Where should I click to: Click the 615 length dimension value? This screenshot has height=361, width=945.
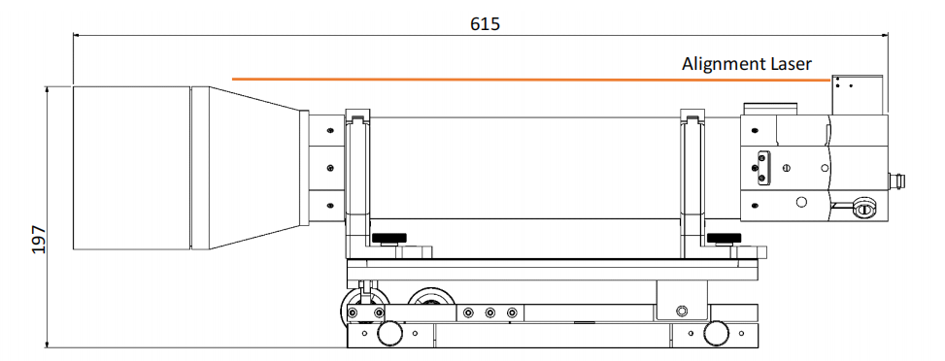coord(486,23)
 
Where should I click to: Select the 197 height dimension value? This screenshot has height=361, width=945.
coord(39,240)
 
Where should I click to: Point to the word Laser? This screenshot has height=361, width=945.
coord(787,63)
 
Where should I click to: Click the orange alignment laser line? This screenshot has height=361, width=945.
coord(531,79)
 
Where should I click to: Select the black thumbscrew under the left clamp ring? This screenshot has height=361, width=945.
coord(388,239)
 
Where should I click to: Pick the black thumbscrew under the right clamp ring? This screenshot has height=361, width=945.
coord(724,239)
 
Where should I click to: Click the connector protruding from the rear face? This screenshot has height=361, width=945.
coord(896,180)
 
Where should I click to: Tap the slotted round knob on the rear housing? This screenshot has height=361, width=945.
coord(864,209)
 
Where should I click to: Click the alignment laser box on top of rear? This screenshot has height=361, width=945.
coord(857,94)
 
